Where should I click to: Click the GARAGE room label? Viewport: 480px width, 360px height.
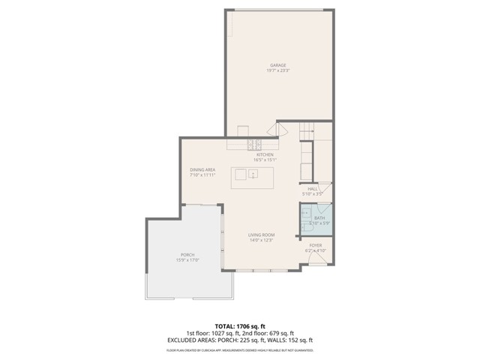tap(278, 65)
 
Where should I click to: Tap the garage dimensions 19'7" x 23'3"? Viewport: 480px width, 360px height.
tap(278, 70)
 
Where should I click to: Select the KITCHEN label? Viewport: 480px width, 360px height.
tap(265, 154)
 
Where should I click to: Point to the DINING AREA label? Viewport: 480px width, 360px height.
tap(202, 169)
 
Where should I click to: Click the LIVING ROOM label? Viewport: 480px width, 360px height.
tap(262, 235)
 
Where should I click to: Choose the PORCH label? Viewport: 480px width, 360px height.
tap(187, 255)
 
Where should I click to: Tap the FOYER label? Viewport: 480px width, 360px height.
tap(316, 244)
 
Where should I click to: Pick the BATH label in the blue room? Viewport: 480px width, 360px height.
tap(319, 217)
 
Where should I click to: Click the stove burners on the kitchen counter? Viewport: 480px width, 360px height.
tap(254, 143)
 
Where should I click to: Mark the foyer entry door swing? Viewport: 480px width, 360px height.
tap(317, 259)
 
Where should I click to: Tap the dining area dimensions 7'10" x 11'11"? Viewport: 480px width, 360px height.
tap(202, 175)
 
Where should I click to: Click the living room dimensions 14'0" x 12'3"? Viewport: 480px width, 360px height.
tap(262, 241)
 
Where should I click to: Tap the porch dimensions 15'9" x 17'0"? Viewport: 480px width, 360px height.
tap(187, 260)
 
